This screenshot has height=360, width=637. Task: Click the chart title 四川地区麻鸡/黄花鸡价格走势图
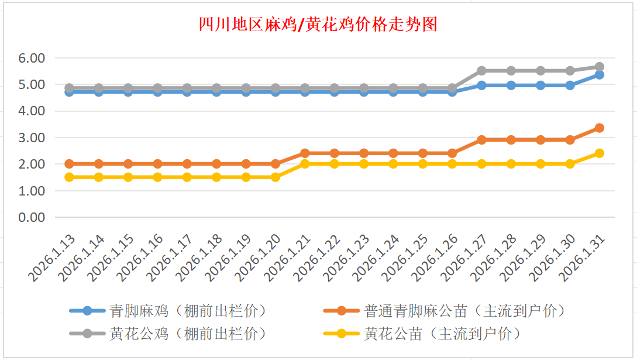(x=318, y=25)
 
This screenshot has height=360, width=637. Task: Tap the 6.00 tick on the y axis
(x=32, y=58)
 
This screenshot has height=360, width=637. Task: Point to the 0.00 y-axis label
(x=32, y=217)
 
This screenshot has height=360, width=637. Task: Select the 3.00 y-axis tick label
(x=32, y=138)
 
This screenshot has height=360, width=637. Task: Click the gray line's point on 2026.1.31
(x=600, y=67)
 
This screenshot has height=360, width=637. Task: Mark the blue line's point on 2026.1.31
(x=600, y=75)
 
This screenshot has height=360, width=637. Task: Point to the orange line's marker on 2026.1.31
(x=600, y=128)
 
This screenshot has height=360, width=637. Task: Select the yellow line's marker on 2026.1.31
(x=600, y=153)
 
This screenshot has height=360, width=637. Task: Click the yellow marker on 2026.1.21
(x=305, y=164)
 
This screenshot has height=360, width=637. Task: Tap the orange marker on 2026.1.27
(x=481, y=140)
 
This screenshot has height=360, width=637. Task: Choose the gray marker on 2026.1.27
(x=481, y=71)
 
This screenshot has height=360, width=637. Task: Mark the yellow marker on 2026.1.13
(x=69, y=177)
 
